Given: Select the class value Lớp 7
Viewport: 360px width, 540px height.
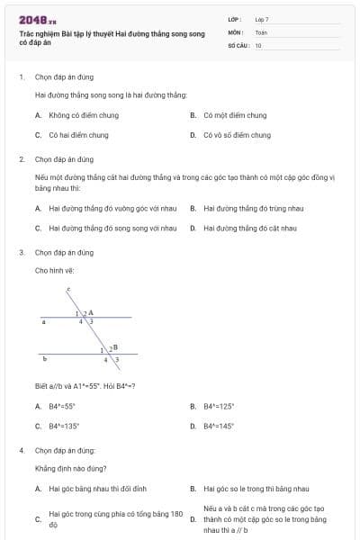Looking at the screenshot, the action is (x=262, y=19).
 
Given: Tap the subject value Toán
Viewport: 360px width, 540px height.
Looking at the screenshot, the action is (x=261, y=31).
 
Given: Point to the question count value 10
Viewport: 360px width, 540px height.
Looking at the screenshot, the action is (x=258, y=44).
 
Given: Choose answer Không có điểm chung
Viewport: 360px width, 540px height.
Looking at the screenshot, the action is (x=72, y=115).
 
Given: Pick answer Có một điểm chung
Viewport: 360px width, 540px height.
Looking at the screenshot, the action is (x=235, y=115).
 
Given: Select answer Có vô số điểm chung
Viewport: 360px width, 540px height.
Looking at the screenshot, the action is (x=237, y=135).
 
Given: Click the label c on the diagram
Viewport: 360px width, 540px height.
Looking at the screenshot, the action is (x=68, y=289).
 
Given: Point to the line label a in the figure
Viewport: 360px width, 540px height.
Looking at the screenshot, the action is (x=43, y=320).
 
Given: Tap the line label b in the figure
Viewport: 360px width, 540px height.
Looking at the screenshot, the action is (x=44, y=358).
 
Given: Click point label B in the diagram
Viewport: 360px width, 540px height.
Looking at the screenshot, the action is (x=115, y=346).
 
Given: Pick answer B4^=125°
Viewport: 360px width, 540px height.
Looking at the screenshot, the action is (x=220, y=406).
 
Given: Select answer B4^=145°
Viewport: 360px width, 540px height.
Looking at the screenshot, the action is (x=220, y=426).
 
